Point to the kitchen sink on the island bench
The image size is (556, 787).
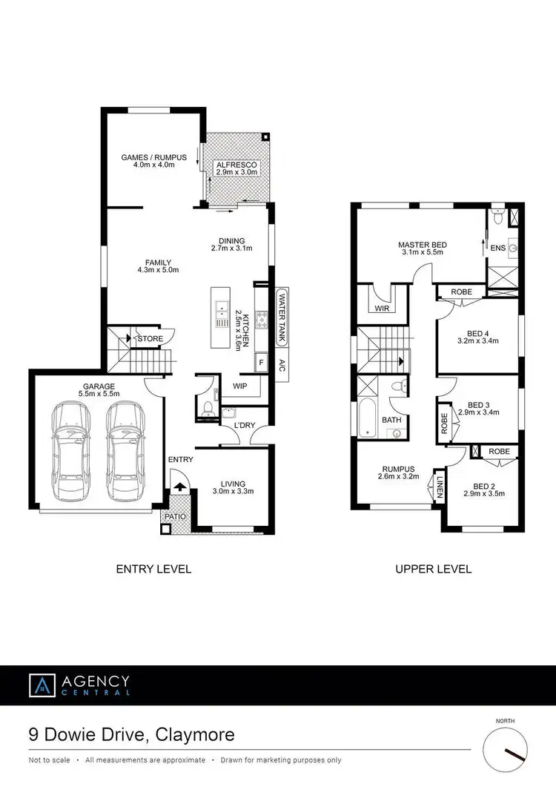tap(221, 314)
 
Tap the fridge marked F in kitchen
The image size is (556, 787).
tap(260, 363)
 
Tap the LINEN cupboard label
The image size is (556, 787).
tap(440, 487)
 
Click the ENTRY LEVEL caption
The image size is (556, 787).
tap(153, 569)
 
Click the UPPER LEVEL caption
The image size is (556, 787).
tap(434, 569)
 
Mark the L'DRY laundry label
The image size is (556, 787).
tap(244, 426)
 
